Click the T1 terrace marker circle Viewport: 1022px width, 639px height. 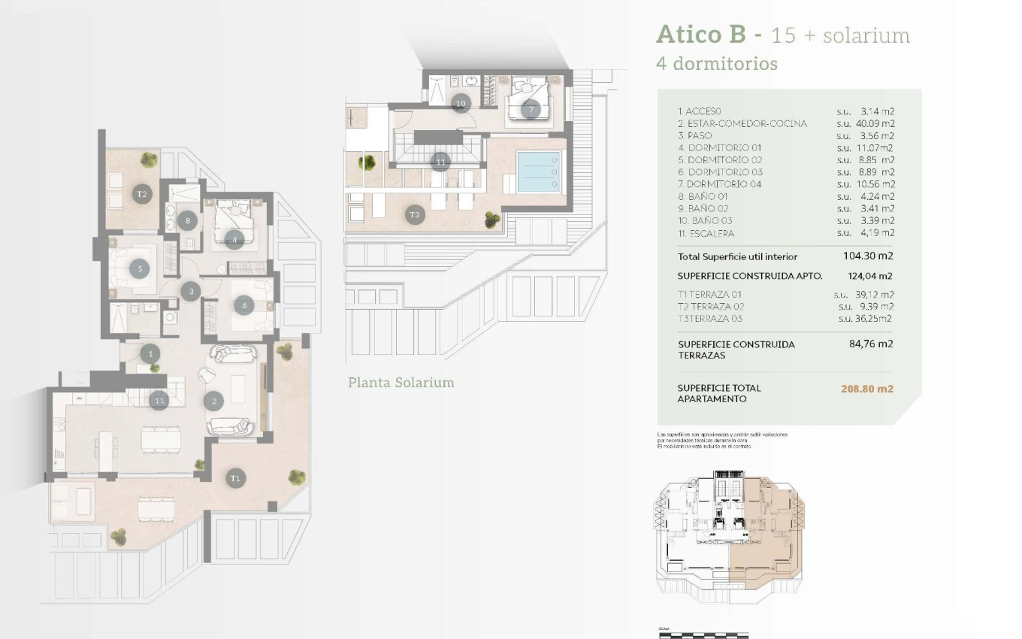pos(235,477)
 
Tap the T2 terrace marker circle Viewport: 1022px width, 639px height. pos(141,194)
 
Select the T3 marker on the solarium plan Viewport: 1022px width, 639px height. pos(414,215)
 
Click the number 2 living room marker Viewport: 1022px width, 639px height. pos(214,401)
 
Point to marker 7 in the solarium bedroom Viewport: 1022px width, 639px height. pos(531,109)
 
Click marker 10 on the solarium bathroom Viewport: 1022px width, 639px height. pos(461,103)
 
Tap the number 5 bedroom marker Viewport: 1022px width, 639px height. pos(139,268)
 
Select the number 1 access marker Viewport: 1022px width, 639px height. pos(150,353)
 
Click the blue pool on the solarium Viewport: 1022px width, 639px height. pos(539,171)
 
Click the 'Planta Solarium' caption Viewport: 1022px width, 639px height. pos(401,383)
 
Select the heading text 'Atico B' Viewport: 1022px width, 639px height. pos(700,35)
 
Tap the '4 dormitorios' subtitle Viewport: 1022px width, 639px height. pos(716,64)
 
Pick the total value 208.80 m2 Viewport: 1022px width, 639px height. pos(866,389)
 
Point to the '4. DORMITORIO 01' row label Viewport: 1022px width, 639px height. pos(719,148)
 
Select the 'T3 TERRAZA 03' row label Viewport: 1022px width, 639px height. pos(709,318)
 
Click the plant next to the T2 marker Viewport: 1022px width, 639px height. pos(149,159)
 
